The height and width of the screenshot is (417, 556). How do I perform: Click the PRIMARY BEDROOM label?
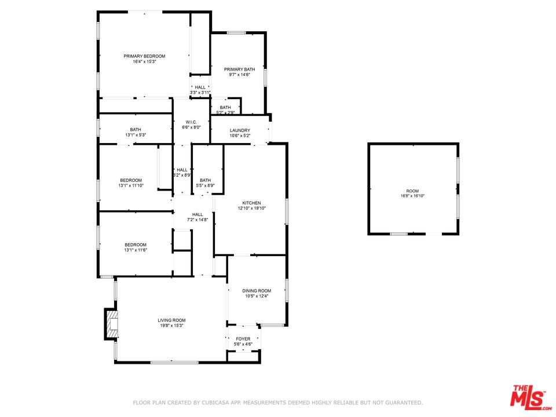[144, 56]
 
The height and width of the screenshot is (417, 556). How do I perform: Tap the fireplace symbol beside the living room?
[111, 324]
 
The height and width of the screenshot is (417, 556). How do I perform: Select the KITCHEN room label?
[252, 203]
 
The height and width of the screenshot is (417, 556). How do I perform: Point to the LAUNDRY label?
[240, 130]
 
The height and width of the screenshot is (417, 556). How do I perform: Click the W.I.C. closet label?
[191, 122]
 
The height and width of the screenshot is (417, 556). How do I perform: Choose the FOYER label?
[243, 339]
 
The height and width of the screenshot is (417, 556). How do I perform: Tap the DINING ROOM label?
[257, 291]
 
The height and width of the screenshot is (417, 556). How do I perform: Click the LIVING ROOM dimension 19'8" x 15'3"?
[171, 325]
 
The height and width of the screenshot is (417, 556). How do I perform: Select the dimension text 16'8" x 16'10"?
[412, 196]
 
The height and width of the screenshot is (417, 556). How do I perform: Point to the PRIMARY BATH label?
[239, 69]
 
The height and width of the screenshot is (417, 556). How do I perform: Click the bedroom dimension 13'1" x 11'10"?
[131, 185]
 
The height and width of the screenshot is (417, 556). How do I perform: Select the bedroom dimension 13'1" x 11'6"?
[136, 250]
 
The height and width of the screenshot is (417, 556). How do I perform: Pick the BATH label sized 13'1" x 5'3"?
[136, 130]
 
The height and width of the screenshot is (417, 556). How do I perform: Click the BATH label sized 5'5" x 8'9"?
[205, 181]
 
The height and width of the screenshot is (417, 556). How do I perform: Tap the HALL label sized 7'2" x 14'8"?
[197, 214]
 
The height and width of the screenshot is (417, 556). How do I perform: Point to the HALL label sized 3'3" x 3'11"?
[200, 87]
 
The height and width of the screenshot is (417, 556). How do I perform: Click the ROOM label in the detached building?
[412, 191]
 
